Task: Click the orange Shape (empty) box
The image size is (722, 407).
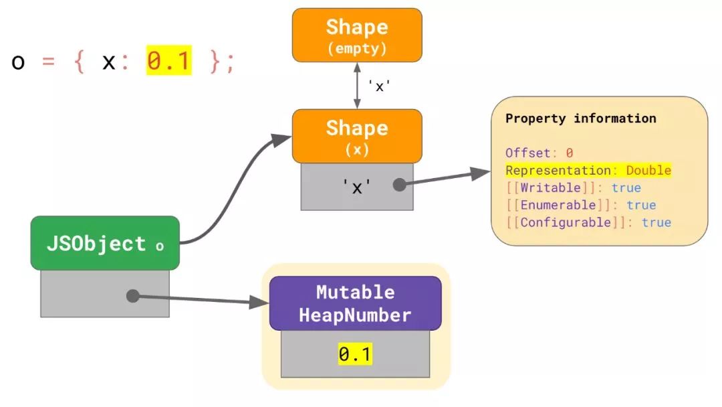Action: pyautogui.click(x=357, y=35)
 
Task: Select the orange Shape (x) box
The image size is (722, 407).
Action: pyautogui.click(x=357, y=136)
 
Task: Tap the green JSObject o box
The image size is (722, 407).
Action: pyautogui.click(x=105, y=244)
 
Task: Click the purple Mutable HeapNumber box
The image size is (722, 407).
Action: pyautogui.click(x=355, y=303)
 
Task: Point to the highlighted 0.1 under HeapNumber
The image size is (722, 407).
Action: pyautogui.click(x=354, y=355)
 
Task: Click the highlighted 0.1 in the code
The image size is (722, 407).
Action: pyautogui.click(x=169, y=62)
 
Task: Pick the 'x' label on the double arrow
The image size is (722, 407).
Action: pyautogui.click(x=378, y=86)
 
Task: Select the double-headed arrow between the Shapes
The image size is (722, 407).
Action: pyautogui.click(x=357, y=86)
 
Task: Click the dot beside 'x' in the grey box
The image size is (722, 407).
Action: pyautogui.click(x=399, y=185)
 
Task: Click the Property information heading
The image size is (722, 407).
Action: pyautogui.click(x=580, y=118)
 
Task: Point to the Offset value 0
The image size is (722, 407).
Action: pyautogui.click(x=569, y=153)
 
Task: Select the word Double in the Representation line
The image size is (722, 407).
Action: pyautogui.click(x=648, y=170)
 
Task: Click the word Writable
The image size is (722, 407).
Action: pyautogui.click(x=550, y=187)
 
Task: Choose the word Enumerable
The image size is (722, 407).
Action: pyautogui.click(x=558, y=205)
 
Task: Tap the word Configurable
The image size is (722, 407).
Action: pyautogui.click(x=566, y=222)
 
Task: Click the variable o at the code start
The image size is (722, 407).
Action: pyautogui.click(x=18, y=62)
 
